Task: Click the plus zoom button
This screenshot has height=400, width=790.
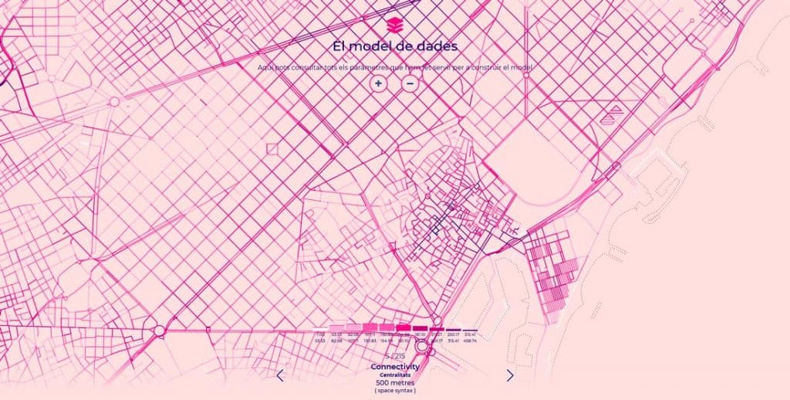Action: click(378, 83)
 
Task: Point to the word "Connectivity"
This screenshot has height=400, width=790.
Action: click(394, 366)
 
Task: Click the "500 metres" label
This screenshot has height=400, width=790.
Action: click(394, 383)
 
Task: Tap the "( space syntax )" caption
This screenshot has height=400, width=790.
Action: click(394, 392)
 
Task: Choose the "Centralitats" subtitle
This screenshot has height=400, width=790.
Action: click(394, 375)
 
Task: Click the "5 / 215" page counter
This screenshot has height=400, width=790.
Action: click(394, 356)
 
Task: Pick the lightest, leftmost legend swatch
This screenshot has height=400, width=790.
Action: click(320, 328)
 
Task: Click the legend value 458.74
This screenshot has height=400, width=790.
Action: click(470, 341)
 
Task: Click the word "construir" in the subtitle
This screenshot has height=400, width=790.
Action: click(494, 68)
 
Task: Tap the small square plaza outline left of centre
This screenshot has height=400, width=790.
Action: click(272, 148)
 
